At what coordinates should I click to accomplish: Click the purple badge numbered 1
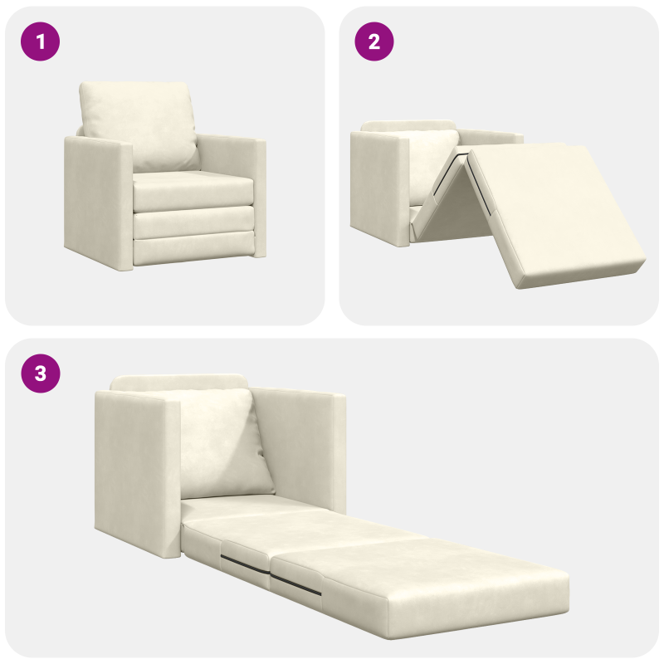pos(40,41)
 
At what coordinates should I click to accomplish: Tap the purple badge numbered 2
pos(374,41)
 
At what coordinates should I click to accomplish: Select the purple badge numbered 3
pos(40,374)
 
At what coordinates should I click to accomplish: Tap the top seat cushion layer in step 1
pos(193,193)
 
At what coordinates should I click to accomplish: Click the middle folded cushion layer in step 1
pos(193,222)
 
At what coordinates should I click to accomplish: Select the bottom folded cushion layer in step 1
pos(193,247)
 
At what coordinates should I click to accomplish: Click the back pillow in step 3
pos(220,440)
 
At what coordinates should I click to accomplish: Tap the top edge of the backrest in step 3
pos(178,382)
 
